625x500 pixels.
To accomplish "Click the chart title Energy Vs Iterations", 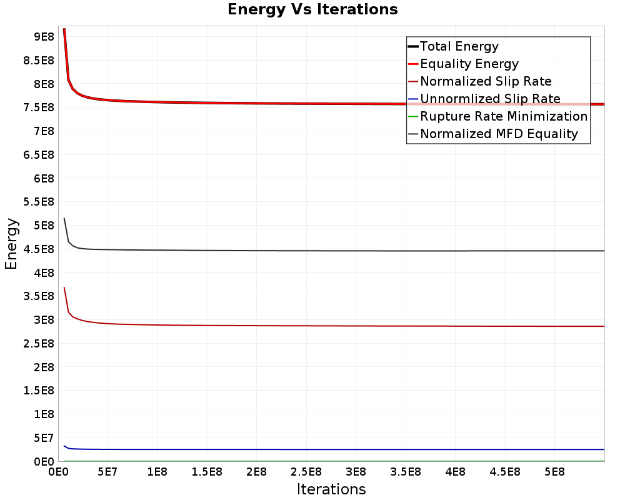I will [312, 9].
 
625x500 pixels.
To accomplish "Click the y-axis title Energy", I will [11, 243].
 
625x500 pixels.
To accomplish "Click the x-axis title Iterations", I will [331, 489].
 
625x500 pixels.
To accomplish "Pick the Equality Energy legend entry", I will [469, 64].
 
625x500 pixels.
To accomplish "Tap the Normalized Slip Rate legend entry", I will [486, 81].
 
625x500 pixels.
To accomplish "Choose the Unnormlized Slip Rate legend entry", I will [490, 99].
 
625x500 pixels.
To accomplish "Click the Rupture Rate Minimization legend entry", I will [504, 116].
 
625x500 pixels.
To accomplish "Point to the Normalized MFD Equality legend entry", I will [499, 134].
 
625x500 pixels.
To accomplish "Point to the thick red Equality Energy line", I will [250, 103].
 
